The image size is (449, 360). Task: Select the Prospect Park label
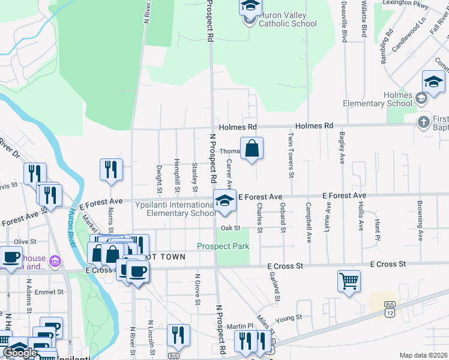(223, 246)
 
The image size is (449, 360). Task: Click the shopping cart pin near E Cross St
(349, 281)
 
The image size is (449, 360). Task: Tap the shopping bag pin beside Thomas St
(252, 148)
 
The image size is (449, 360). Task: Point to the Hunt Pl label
(378, 225)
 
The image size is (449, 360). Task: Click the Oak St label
(230, 228)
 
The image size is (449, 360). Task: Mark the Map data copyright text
(423, 355)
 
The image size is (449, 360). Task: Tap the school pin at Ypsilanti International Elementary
(224, 201)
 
